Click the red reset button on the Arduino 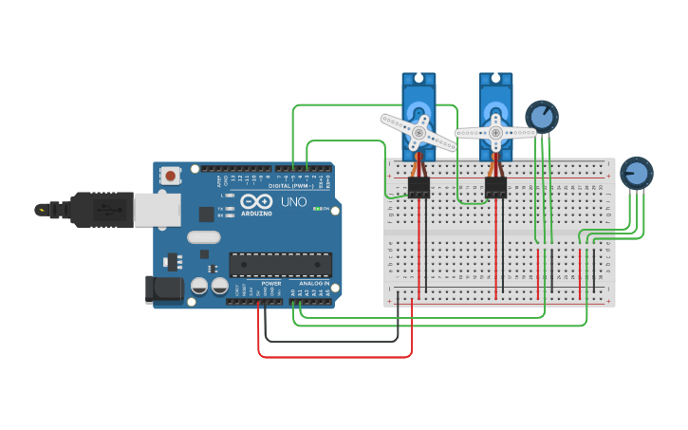[171, 176]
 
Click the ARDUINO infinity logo [255, 201]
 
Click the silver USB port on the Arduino [157, 210]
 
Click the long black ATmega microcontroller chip [280, 265]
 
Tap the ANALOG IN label [314, 283]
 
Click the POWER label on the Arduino [270, 283]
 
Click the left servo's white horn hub [418, 133]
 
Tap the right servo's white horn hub [495, 133]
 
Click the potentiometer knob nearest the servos [542, 117]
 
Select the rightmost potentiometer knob [637, 174]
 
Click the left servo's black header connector [418, 188]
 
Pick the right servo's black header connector [495, 188]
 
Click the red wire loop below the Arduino [332, 357]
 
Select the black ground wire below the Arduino [332, 341]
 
